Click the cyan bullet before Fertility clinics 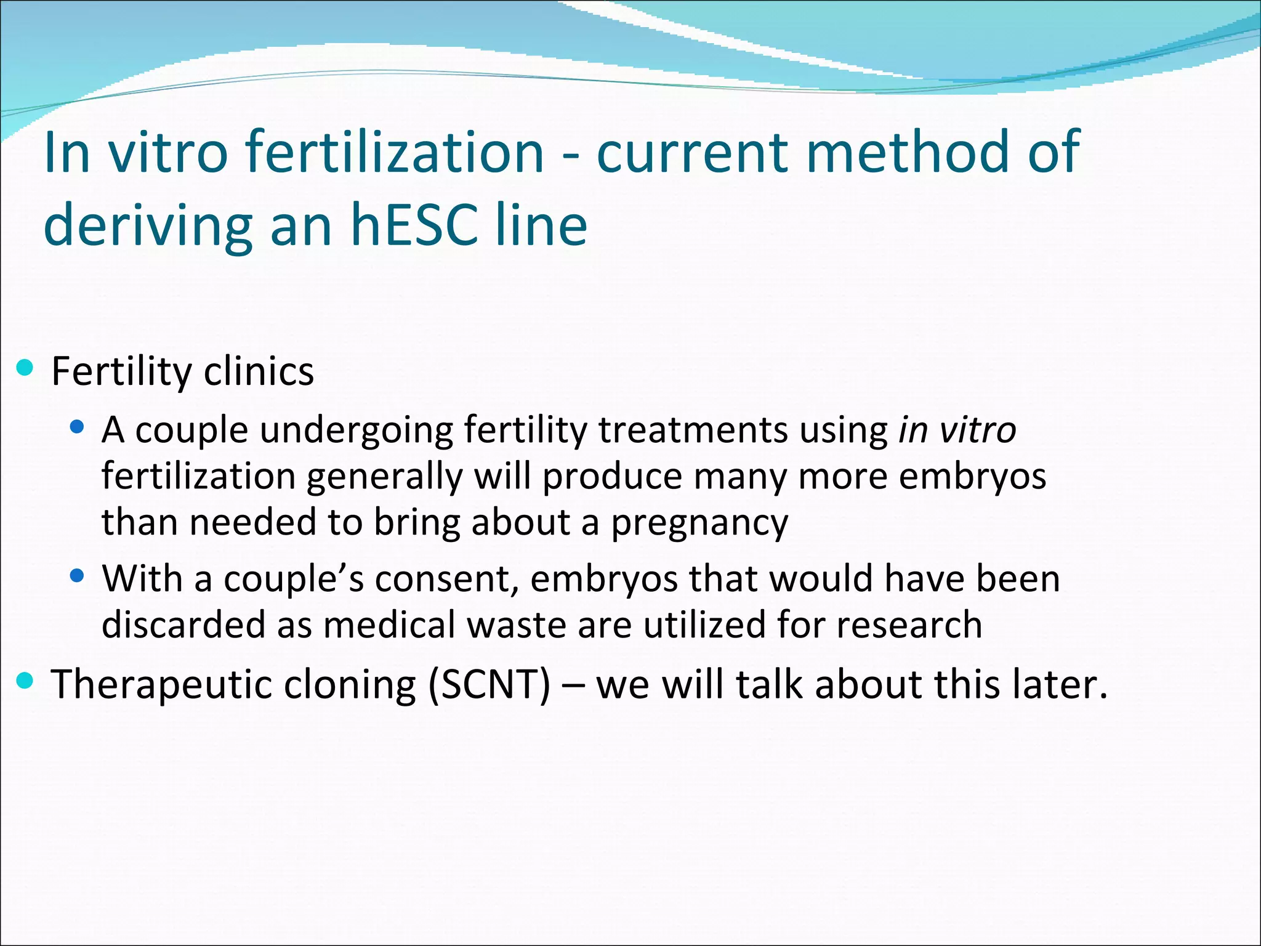[x=25, y=369]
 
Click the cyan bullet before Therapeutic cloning [x=25, y=681]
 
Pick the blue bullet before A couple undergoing [x=77, y=427]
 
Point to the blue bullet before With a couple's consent [x=77, y=576]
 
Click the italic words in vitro [x=956, y=429]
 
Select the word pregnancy [x=699, y=523]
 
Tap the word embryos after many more [x=972, y=476]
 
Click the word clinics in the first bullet [x=259, y=371]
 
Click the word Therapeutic [x=161, y=684]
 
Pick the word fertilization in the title [x=394, y=152]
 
